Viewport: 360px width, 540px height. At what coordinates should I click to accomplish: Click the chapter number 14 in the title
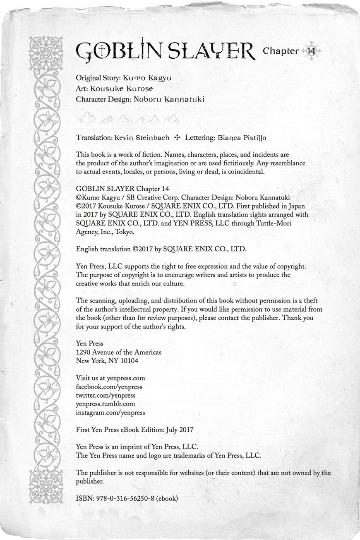[311, 51]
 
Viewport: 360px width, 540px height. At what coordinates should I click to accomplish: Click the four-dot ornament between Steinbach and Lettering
[177, 137]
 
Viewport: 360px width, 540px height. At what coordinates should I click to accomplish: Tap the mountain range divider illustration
[127, 119]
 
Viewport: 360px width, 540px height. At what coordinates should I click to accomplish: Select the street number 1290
[83, 352]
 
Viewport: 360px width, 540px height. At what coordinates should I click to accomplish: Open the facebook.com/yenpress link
[109, 386]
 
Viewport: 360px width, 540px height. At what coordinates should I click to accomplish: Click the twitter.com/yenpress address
[106, 395]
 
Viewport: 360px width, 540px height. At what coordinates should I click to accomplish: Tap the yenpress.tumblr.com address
[105, 404]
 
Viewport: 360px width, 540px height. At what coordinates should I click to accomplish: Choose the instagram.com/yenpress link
[110, 413]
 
